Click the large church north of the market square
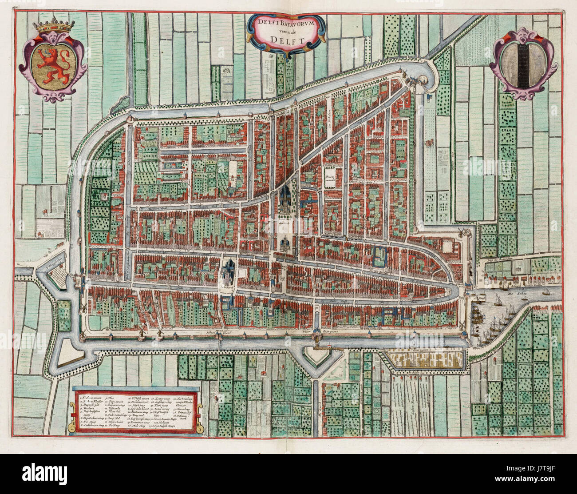click(285, 200)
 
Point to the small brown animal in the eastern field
click(429, 143)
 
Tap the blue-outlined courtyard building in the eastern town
click(379, 256)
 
